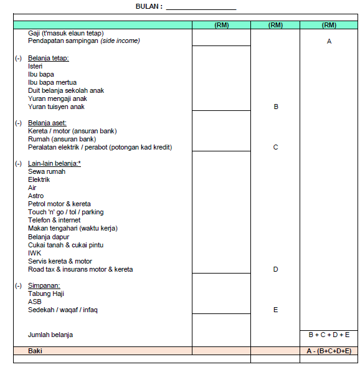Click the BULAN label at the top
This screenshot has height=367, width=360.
click(149, 6)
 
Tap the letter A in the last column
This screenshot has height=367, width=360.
click(329, 41)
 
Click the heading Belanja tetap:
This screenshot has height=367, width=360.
click(48, 58)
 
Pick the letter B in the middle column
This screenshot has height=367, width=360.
click(275, 107)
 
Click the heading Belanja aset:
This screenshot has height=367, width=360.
click(47, 123)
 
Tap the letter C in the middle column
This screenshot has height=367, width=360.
click(275, 147)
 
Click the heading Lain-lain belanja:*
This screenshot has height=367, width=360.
click(54, 163)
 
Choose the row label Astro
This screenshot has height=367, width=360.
click(36, 196)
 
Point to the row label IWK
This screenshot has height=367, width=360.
click(34, 253)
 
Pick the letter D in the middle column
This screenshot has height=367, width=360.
click(275, 269)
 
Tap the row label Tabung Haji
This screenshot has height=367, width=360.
click(46, 293)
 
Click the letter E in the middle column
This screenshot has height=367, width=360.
click(275, 310)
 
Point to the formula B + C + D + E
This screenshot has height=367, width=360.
click(329, 335)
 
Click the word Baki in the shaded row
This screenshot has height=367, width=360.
click(36, 351)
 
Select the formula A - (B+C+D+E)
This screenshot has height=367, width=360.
click(329, 351)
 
